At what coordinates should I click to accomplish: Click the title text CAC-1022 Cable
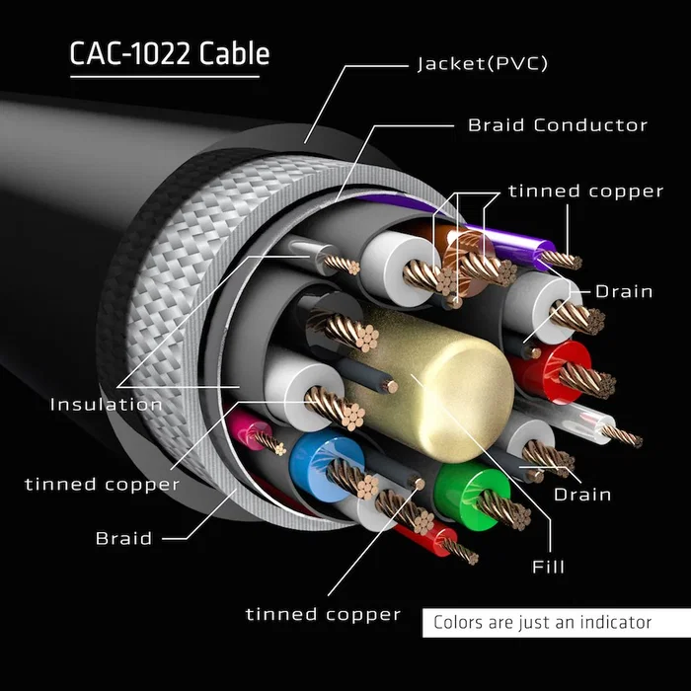(169, 53)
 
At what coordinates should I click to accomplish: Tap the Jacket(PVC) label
(481, 64)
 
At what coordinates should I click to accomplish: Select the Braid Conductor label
(557, 125)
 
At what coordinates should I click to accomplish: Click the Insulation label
(107, 404)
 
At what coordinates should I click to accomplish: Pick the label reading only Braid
(123, 539)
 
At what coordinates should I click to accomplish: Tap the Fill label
(548, 567)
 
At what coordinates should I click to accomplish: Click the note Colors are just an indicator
(542, 622)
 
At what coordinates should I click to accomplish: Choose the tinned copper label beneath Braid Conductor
(585, 192)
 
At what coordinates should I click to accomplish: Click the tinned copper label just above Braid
(102, 484)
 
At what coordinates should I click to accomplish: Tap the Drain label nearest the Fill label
(581, 494)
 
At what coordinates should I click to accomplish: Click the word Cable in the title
(234, 53)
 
